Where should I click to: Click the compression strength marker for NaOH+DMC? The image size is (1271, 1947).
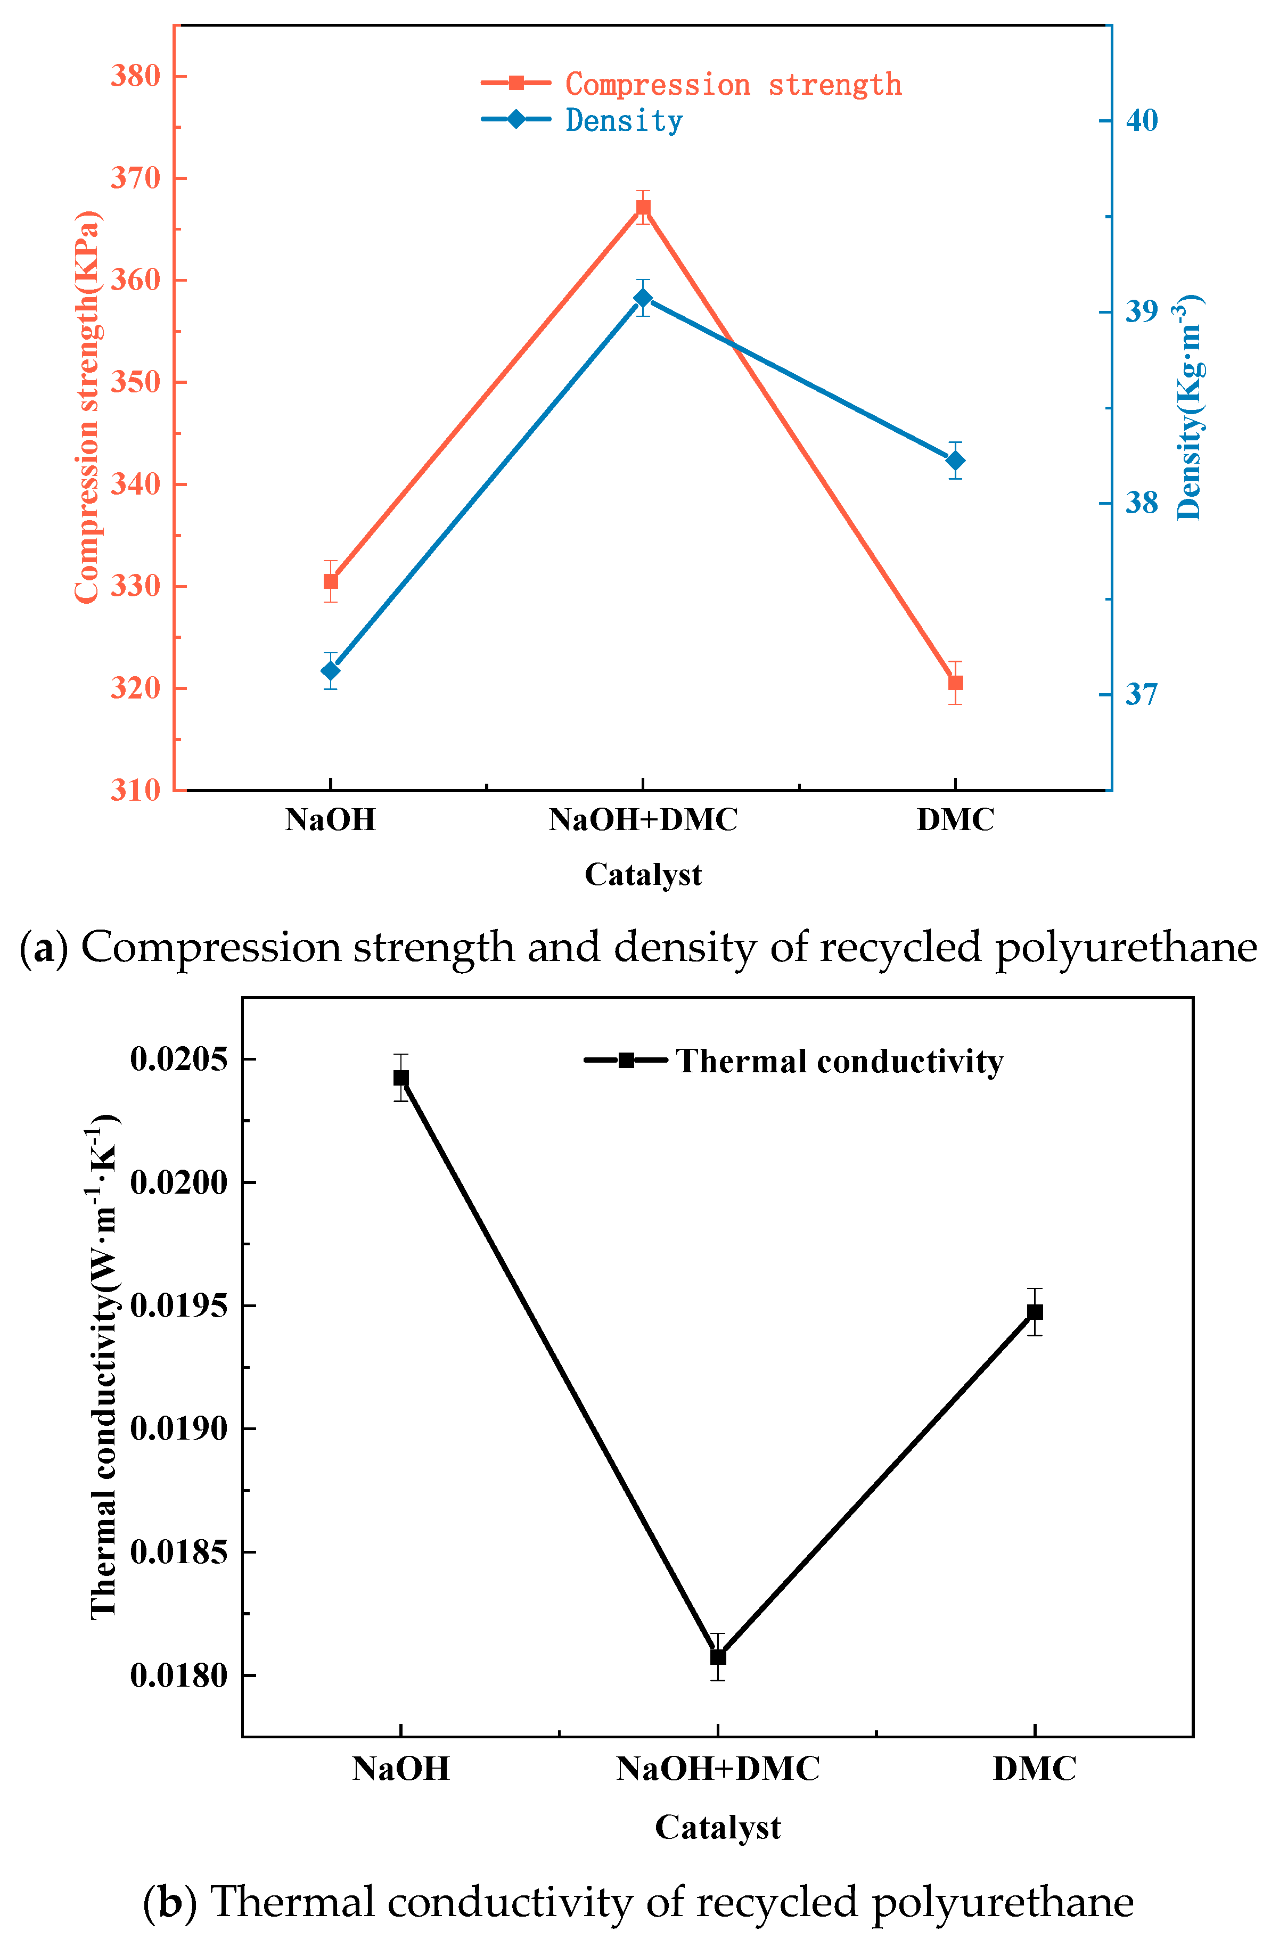pos(643,207)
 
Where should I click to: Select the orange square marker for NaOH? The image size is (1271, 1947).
pos(331,581)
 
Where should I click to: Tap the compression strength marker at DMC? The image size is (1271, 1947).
pos(955,682)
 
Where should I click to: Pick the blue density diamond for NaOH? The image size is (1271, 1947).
pos(331,671)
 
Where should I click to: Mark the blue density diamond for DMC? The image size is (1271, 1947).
pos(955,461)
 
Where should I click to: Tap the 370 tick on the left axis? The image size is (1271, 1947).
pos(136,177)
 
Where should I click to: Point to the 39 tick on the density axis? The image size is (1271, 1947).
pos(1142,311)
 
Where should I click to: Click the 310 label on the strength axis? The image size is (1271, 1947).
pos(136,790)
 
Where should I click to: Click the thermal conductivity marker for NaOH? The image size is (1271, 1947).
pos(401,1078)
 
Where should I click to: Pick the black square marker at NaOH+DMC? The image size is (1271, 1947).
pos(718,1657)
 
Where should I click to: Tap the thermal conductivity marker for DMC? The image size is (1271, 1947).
pos(1035,1311)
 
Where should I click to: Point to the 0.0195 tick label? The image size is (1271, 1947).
pos(178,1305)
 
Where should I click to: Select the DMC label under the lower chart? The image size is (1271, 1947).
pos(1035,1769)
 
